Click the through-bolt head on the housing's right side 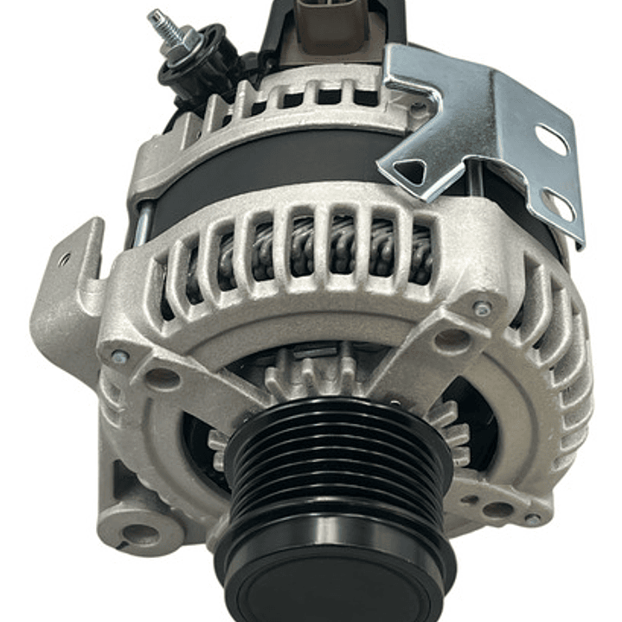[x=483, y=308]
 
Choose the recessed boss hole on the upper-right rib [x=452, y=340]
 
